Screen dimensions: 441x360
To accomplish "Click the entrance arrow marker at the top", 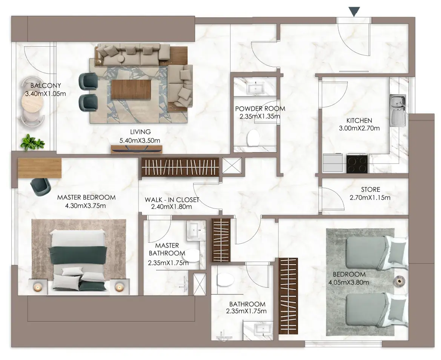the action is click(x=354, y=12).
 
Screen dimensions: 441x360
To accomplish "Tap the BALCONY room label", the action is click(x=46, y=86).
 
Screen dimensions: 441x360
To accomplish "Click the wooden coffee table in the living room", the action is click(x=131, y=90).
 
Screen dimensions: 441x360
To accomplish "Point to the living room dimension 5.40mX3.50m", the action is click(x=140, y=141).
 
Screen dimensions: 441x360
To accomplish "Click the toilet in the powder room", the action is click(x=253, y=138).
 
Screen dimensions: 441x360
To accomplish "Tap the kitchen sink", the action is click(x=398, y=110).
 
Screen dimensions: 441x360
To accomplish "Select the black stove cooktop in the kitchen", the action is click(x=357, y=164).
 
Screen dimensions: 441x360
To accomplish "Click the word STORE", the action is click(x=370, y=190).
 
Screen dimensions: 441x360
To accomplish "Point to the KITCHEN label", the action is click(x=359, y=121).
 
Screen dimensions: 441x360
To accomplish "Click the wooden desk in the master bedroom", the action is click(x=40, y=168).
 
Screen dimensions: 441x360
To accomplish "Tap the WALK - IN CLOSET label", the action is click(x=172, y=200).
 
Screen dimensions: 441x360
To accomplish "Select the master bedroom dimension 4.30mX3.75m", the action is click(x=86, y=206).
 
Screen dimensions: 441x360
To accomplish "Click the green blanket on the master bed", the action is click(x=78, y=254).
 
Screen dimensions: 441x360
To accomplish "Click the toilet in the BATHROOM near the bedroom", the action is click(x=226, y=280).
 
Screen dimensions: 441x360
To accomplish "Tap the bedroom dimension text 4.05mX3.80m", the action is click(x=349, y=282).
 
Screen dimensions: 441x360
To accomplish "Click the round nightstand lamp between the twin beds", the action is click(x=399, y=281).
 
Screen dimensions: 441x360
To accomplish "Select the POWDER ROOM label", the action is click(x=260, y=109).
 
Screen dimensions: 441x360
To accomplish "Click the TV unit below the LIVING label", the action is click(x=137, y=150).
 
